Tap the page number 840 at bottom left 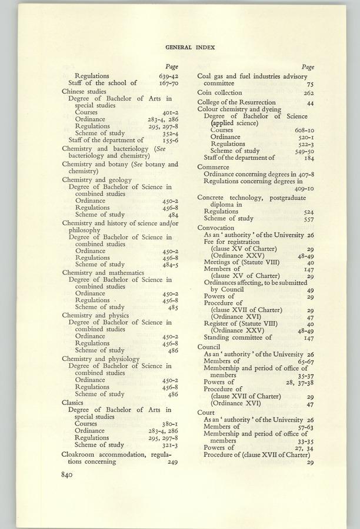70,476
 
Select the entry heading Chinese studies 84,91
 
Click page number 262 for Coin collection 307,93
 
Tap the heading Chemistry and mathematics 103,273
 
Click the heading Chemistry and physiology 101,359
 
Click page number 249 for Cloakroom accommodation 172,462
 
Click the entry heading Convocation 216,227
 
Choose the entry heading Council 209,347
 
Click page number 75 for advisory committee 309,84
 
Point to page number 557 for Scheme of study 307,219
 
